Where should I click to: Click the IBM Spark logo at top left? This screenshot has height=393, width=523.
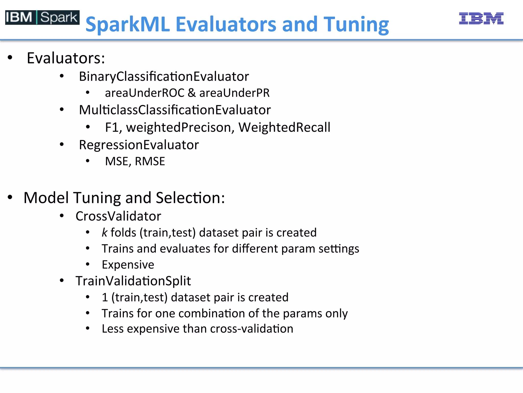[x=42, y=17]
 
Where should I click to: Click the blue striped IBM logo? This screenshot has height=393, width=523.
[x=481, y=18]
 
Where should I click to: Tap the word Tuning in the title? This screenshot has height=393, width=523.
[x=356, y=25]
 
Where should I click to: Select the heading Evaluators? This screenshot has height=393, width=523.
[x=66, y=58]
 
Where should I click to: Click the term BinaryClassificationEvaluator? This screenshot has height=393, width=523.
[x=164, y=77]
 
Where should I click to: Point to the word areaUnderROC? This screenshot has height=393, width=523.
[x=145, y=93]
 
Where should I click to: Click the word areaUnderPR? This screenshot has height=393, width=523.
[x=234, y=93]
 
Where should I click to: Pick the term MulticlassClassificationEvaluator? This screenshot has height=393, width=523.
[x=175, y=110]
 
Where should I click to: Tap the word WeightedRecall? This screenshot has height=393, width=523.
[x=284, y=127]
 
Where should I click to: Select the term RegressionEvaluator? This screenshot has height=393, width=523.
[x=139, y=145]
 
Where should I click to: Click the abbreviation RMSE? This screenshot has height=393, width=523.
[x=150, y=161]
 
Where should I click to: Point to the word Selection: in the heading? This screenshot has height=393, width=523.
[x=190, y=198]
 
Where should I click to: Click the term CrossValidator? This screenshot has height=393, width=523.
[x=118, y=216]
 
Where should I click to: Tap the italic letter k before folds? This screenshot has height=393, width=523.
[x=104, y=232]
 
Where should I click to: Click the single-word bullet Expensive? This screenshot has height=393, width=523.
[x=128, y=265]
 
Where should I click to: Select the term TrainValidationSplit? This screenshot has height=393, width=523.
[x=133, y=281]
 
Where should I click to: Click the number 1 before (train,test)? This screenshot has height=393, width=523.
[x=105, y=297]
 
